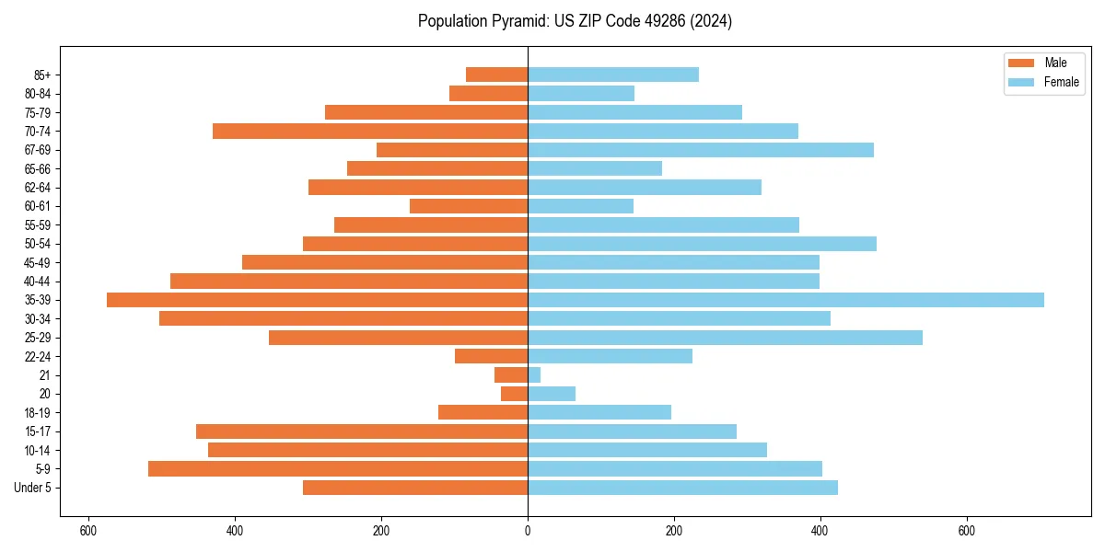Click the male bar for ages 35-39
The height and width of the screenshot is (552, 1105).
317,300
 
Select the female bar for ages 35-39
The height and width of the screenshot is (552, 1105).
785,300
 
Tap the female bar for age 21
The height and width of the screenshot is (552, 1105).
534,375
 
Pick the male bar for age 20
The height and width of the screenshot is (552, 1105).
514,394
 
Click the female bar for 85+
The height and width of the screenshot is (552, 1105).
613,75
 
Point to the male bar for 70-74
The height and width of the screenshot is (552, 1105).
370,131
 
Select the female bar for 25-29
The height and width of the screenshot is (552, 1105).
725,338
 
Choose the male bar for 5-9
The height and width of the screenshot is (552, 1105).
338,469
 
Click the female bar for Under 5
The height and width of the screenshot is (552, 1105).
682,488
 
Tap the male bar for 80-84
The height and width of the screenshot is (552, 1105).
488,93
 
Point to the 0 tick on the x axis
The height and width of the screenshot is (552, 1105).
528,531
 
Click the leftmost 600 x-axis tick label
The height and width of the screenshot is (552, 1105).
88,531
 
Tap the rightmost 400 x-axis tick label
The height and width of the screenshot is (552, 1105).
820,531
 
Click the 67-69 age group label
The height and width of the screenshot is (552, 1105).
38,150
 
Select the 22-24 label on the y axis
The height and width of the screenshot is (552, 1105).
38,357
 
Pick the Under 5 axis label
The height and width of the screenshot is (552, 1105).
33,489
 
